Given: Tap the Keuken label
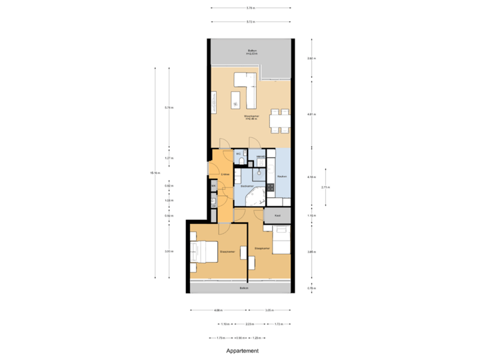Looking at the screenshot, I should point(281,177).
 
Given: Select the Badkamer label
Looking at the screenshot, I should point(247,187).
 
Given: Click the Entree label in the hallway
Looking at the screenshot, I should point(225,175).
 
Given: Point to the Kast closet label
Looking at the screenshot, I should point(277,216).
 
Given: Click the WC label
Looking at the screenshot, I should point(238,155).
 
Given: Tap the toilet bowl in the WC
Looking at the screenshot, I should point(239,162).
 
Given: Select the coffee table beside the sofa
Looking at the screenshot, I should point(235,101).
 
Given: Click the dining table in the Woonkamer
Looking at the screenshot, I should point(279,121).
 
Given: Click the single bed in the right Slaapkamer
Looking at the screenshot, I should point(281,241).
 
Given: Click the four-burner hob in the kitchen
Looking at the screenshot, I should point(272,189).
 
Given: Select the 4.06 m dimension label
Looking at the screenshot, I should point(217,310).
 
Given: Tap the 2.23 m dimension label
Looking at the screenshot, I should point(249,324).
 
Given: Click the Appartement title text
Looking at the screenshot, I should point(241,350).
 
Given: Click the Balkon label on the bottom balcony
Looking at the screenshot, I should point(244,288).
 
